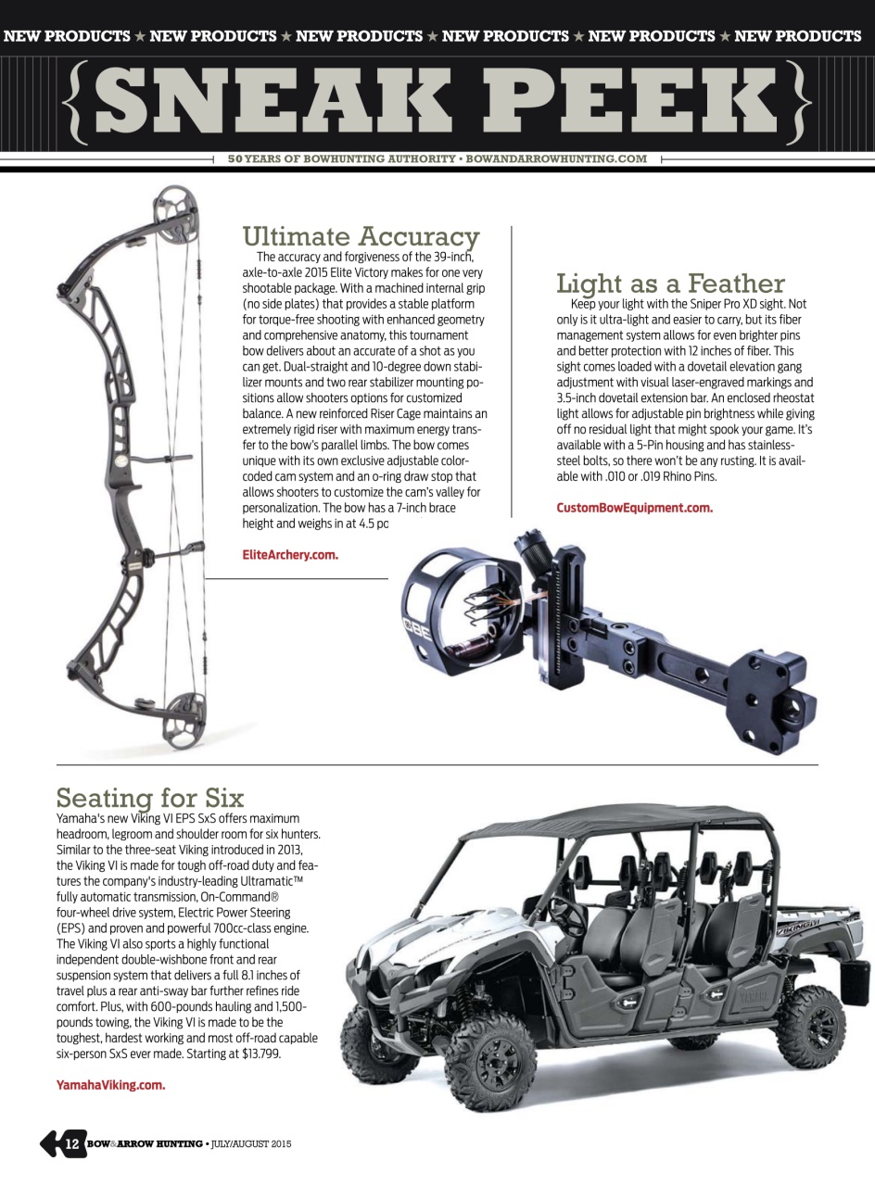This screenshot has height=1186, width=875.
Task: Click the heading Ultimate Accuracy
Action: pyautogui.click(x=361, y=236)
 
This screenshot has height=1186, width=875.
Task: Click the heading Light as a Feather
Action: pyautogui.click(x=669, y=283)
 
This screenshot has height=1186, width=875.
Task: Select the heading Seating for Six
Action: pyautogui.click(x=150, y=797)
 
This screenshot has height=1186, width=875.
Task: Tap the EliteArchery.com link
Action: pyautogui.click(x=289, y=555)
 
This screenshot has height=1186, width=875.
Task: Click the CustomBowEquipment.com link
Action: pyautogui.click(x=634, y=508)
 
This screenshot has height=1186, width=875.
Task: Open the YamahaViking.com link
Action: pyautogui.click(x=110, y=1085)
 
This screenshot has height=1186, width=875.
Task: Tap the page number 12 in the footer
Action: pyautogui.click(x=71, y=1144)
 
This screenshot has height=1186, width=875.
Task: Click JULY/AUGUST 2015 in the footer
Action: pyautogui.click(x=250, y=1144)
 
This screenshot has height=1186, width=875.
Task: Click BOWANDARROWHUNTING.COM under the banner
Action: pyautogui.click(x=556, y=158)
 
